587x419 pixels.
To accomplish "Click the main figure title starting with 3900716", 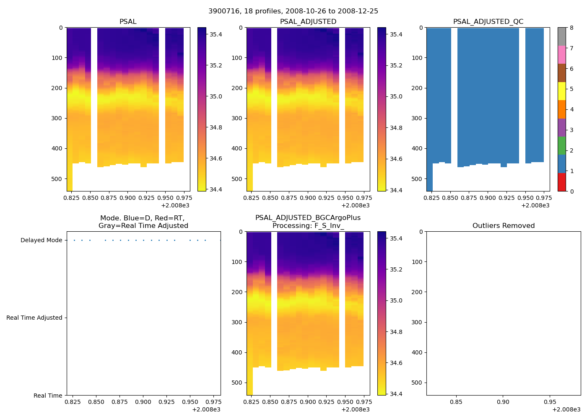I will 293,11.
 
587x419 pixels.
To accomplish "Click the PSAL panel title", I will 128,22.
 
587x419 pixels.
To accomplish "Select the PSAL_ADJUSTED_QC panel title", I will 488,22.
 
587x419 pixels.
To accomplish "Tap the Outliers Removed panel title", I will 503,226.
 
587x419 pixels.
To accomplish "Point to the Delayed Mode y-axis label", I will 41,241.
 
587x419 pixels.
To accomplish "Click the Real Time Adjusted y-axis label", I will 34,318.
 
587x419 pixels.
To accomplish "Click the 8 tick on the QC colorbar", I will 571,28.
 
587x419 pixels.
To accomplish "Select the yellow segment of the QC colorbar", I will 561,91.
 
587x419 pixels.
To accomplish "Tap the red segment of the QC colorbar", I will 561,182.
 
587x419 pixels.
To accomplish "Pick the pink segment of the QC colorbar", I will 561,54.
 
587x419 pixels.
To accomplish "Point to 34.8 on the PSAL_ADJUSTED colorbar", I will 396,128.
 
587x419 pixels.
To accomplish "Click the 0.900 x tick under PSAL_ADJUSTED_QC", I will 488,197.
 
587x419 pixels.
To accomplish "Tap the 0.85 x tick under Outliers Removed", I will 456,402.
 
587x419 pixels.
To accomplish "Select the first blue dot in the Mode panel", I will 74,241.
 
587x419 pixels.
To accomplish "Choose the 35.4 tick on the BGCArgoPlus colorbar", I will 396,239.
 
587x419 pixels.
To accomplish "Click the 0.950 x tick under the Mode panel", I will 190,402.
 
